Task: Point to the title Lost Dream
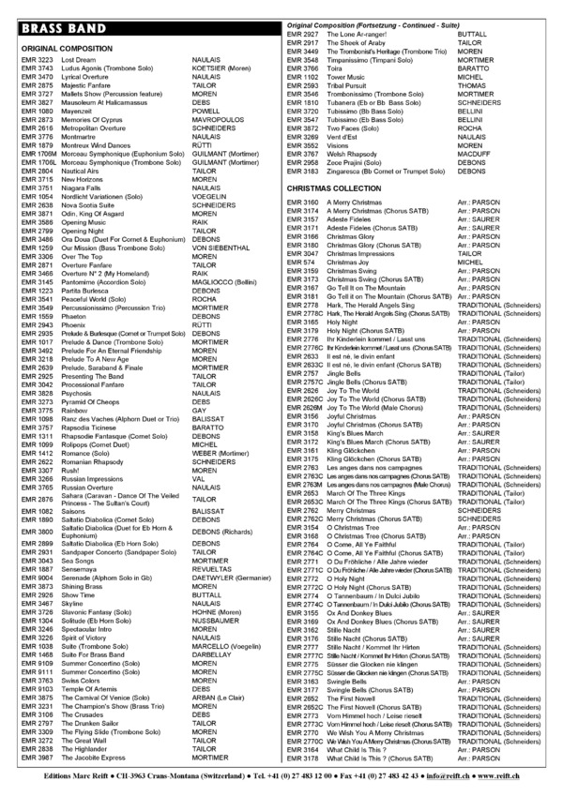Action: pos(78,59)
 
